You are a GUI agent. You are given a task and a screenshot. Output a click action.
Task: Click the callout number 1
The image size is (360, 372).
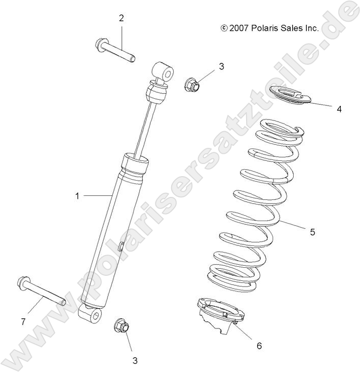click(77, 195)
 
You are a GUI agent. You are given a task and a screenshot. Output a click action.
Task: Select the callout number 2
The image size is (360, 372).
click(122, 18)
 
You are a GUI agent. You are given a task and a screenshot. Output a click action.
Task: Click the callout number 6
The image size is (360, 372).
click(259, 346)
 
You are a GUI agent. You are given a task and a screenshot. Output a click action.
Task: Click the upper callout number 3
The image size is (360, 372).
click(221, 66)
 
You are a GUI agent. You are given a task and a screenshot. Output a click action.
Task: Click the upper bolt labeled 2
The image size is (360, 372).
click(114, 51)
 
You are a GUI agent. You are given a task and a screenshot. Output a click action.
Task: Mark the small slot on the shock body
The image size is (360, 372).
click(121, 246)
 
